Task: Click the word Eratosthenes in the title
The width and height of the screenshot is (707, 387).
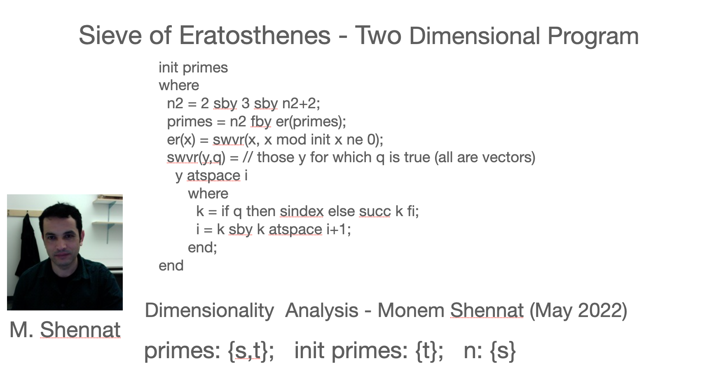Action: pyautogui.click(x=255, y=35)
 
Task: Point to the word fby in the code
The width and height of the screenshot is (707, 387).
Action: pyautogui.click(x=261, y=122)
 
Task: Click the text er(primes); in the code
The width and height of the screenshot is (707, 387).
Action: pyautogui.click(x=311, y=122)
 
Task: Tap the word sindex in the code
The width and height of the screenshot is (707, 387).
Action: pyautogui.click(x=302, y=211)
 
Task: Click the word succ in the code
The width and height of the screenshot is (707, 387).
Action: pyautogui.click(x=375, y=212)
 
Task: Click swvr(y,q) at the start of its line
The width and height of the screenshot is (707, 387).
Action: pyautogui.click(x=196, y=158)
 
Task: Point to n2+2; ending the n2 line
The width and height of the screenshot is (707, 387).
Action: pyautogui.click(x=301, y=104)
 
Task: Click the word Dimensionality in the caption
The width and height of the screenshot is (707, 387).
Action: pyautogui.click(x=209, y=311)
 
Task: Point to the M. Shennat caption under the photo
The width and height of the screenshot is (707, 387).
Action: pyautogui.click(x=65, y=330)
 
